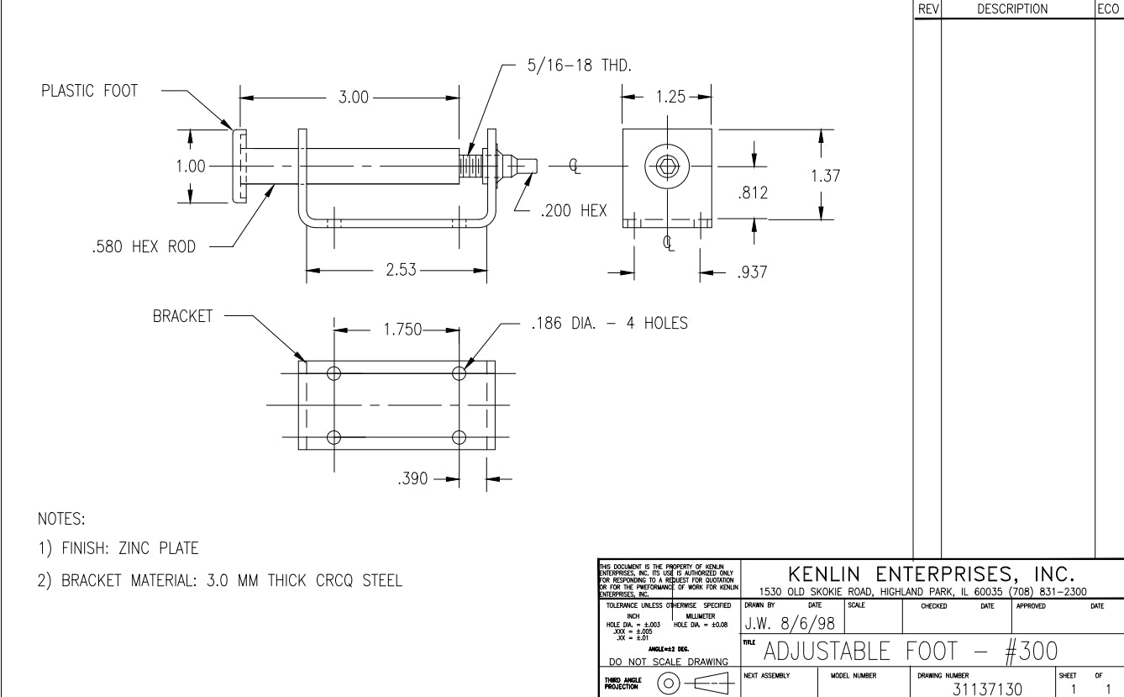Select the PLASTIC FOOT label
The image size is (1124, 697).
89,92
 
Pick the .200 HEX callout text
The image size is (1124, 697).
574,210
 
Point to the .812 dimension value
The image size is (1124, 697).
753,194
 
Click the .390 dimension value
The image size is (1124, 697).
417,479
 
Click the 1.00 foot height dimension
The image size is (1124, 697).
191,166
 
